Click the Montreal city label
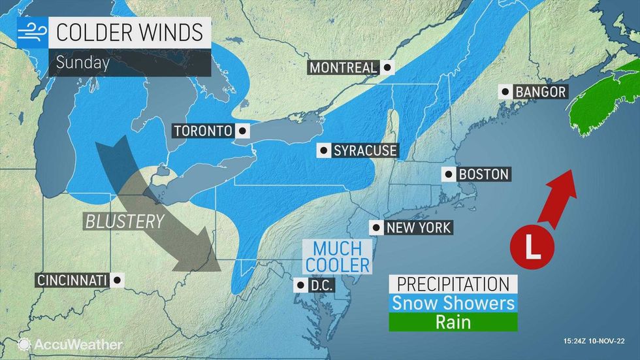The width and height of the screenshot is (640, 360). tap(344, 67)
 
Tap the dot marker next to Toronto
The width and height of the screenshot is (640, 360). tap(242, 131)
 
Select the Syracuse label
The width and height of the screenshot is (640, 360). tap(364, 151)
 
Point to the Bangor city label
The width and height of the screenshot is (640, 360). tap(540, 92)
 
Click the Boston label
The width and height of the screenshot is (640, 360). tap(483, 174)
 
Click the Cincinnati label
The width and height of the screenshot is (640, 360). tap(72, 280)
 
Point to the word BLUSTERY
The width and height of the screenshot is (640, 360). tap(125, 221)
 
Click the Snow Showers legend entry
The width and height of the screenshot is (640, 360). tap(453, 303)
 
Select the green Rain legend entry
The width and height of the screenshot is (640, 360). tap(453, 322)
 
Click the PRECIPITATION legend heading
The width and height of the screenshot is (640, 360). tap(453, 284)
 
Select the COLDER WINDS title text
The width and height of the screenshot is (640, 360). tap(130, 32)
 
